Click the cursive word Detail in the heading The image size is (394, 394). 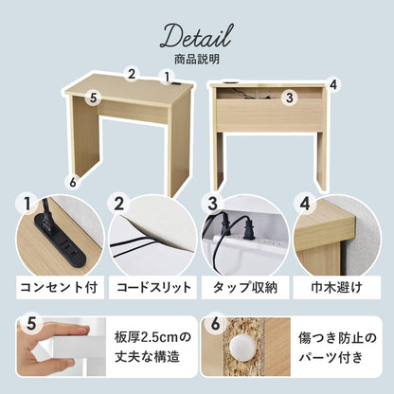(197, 37)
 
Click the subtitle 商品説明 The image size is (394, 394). (197, 60)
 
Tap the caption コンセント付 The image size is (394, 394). (60, 288)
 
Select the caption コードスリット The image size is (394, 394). (153, 288)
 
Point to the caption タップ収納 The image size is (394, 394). (245, 288)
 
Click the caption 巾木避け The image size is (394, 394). (336, 288)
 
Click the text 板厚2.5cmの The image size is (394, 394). (152, 338)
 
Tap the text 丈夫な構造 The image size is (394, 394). (147, 357)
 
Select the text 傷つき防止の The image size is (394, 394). (337, 338)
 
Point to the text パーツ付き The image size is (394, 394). (331, 358)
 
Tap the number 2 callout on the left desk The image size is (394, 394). (132, 74)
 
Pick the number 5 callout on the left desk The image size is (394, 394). (93, 98)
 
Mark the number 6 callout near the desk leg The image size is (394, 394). (73, 182)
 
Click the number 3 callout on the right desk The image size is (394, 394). (290, 98)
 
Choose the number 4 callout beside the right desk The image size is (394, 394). (334, 84)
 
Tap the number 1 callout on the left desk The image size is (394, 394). (167, 77)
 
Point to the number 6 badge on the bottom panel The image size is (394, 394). (215, 324)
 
